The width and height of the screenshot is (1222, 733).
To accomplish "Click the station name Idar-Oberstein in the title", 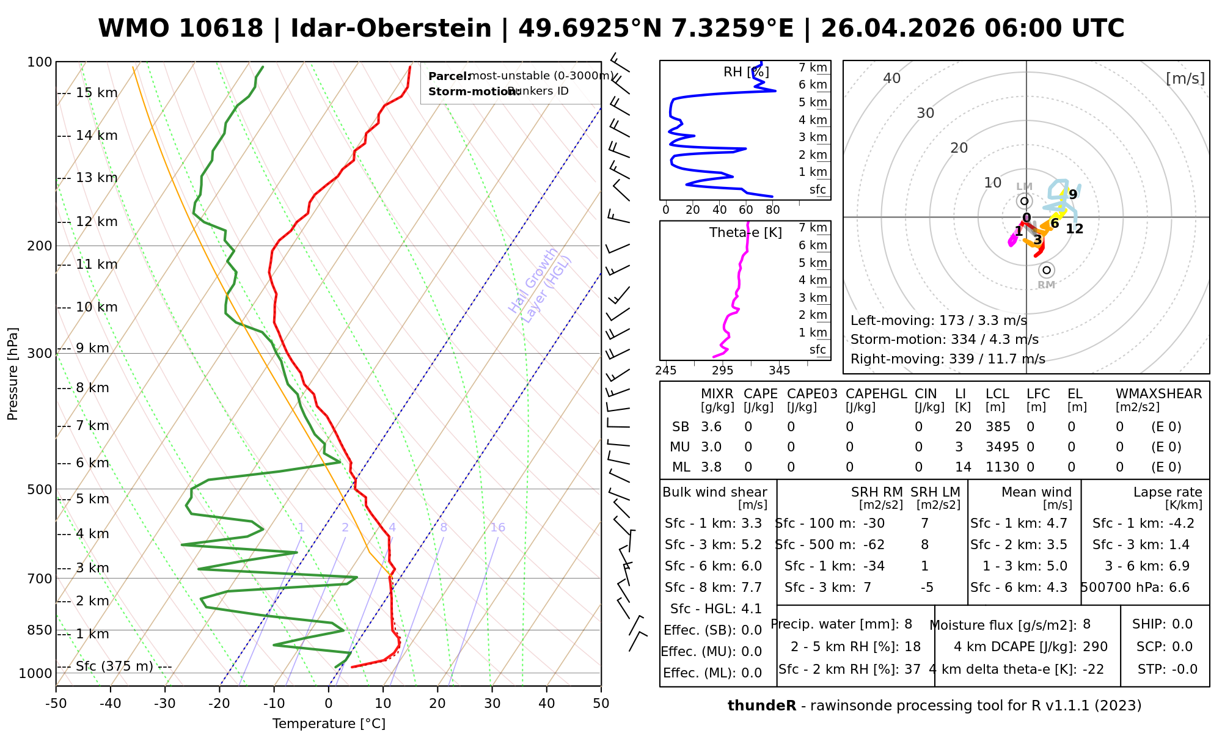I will click(390, 29).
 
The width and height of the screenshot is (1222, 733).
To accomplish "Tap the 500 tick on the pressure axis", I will click(40, 489).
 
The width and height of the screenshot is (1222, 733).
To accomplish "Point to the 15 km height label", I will click(97, 93).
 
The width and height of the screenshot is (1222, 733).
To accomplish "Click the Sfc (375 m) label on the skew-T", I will click(114, 666).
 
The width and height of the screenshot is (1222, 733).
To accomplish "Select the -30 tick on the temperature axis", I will click(165, 704).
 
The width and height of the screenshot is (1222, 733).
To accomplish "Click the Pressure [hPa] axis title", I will click(13, 374).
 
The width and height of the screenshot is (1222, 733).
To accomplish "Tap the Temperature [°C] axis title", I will click(329, 724).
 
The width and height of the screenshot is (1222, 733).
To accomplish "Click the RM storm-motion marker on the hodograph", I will click(1047, 270).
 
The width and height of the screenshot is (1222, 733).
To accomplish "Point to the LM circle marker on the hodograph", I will click(1024, 201).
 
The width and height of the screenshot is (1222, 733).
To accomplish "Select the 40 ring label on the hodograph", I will click(892, 78).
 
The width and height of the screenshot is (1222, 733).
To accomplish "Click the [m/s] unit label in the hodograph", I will click(1185, 79).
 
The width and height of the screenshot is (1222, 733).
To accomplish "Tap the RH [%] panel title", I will click(745, 72).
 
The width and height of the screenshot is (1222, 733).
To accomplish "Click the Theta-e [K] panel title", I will click(745, 233).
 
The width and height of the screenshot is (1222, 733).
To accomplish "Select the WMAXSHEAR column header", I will click(1158, 394).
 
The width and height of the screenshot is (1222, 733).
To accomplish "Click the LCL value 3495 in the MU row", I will click(1002, 447).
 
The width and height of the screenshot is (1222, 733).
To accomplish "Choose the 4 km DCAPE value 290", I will click(1095, 647).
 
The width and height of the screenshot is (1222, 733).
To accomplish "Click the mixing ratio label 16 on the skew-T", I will click(497, 528).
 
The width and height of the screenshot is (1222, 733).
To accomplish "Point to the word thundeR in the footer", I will click(761, 706).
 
